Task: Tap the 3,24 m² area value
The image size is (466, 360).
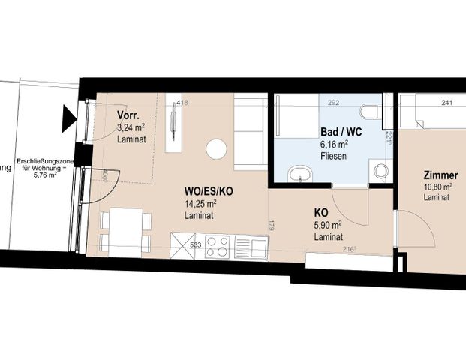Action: click(131, 127)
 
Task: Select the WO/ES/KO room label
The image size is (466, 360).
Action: click(209, 191)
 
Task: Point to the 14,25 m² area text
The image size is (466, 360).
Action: click(200, 203)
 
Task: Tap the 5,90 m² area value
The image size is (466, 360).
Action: click(328, 224)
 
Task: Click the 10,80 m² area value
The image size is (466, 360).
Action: click(437, 187)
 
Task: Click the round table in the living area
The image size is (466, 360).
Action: click(215, 149)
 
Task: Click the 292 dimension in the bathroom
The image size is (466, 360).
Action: click(334, 103)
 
